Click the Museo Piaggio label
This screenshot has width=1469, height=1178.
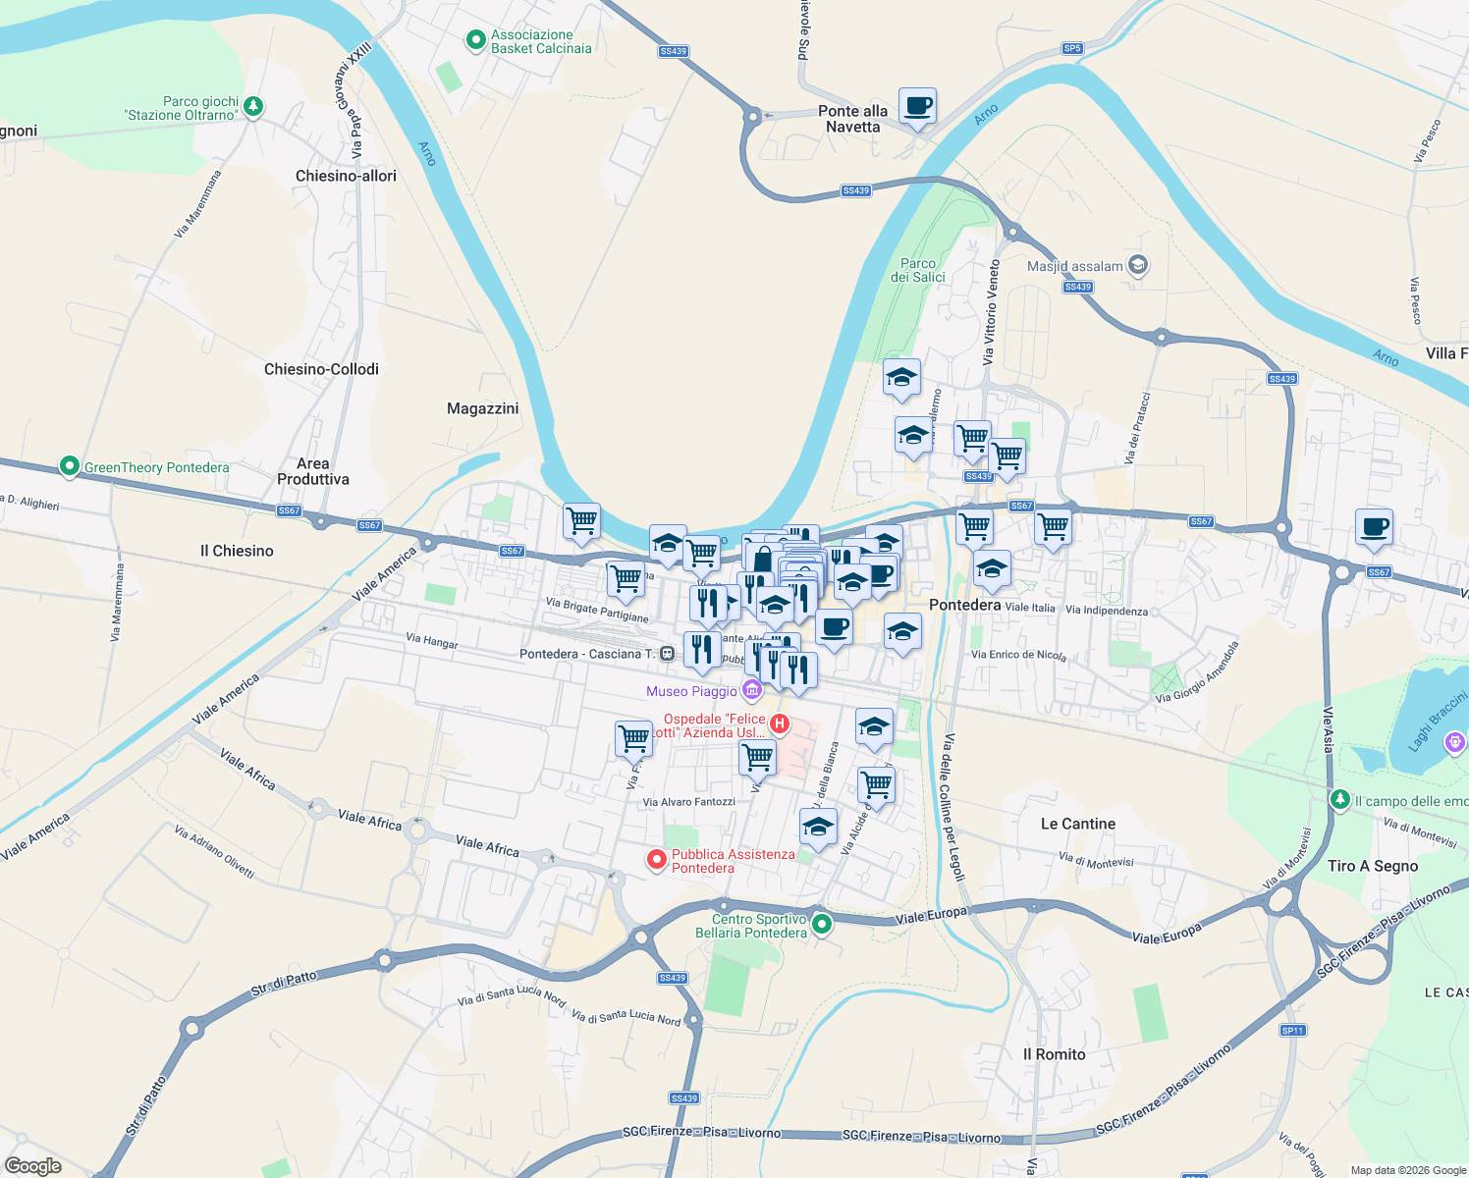[691, 691]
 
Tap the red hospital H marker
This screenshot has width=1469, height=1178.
[780, 724]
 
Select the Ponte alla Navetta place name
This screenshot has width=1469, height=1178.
[852, 119]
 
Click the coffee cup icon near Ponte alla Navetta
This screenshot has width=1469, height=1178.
[917, 106]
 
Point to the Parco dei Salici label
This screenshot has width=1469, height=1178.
[918, 270]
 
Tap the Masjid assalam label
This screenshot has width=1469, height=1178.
[1074, 266]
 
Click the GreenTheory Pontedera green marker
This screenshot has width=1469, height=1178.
[69, 466]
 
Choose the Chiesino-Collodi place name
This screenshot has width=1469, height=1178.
[321, 369]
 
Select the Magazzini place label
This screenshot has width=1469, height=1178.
[482, 408]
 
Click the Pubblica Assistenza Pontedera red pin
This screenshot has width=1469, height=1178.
[657, 860]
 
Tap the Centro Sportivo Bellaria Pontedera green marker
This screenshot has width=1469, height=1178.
[823, 923]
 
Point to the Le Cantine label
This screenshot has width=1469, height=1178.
[1078, 824]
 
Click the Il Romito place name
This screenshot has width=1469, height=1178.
[1054, 1054]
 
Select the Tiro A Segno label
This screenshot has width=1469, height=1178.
[1372, 866]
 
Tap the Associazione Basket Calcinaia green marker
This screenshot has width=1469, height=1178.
[476, 40]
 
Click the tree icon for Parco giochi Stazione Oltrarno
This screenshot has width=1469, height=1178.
[253, 105]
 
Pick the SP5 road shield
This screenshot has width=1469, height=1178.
[1071, 48]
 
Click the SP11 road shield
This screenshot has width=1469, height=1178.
[1292, 1030]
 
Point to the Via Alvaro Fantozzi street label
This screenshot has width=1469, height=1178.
[688, 802]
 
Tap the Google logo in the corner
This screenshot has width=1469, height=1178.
[32, 1166]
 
